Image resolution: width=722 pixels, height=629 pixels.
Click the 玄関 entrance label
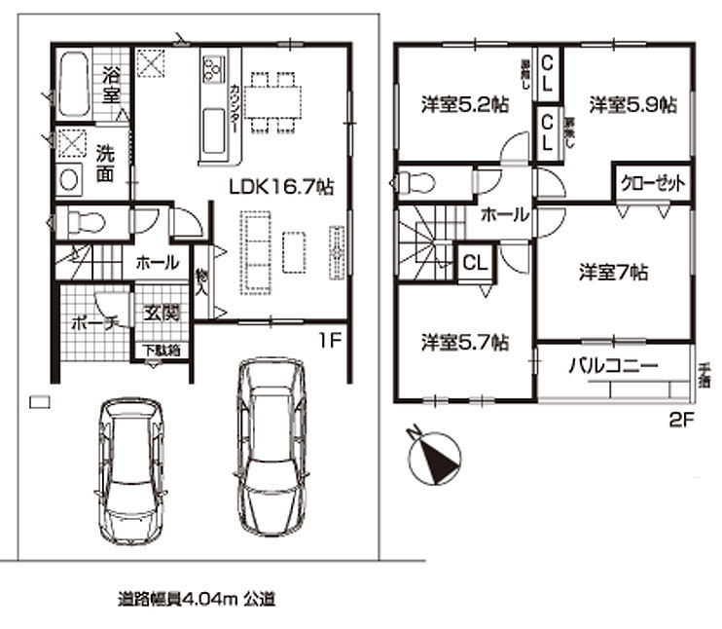(162, 314)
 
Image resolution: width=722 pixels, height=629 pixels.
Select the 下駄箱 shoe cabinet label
(162, 351)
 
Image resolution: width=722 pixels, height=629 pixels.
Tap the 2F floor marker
(677, 422)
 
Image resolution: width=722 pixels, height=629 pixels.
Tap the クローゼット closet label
(653, 183)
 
